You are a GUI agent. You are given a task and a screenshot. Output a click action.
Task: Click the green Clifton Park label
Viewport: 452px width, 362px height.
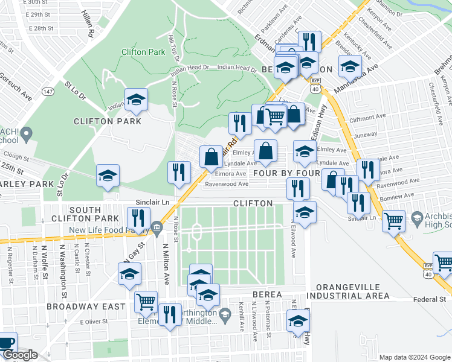click(143, 52)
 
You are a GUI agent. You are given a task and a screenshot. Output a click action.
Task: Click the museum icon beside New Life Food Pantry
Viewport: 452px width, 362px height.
click(157, 227)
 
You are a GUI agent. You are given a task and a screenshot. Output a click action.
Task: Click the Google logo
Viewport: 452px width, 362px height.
click(19, 355)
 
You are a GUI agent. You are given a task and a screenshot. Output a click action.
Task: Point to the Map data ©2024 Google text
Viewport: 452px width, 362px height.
click(415, 357)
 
